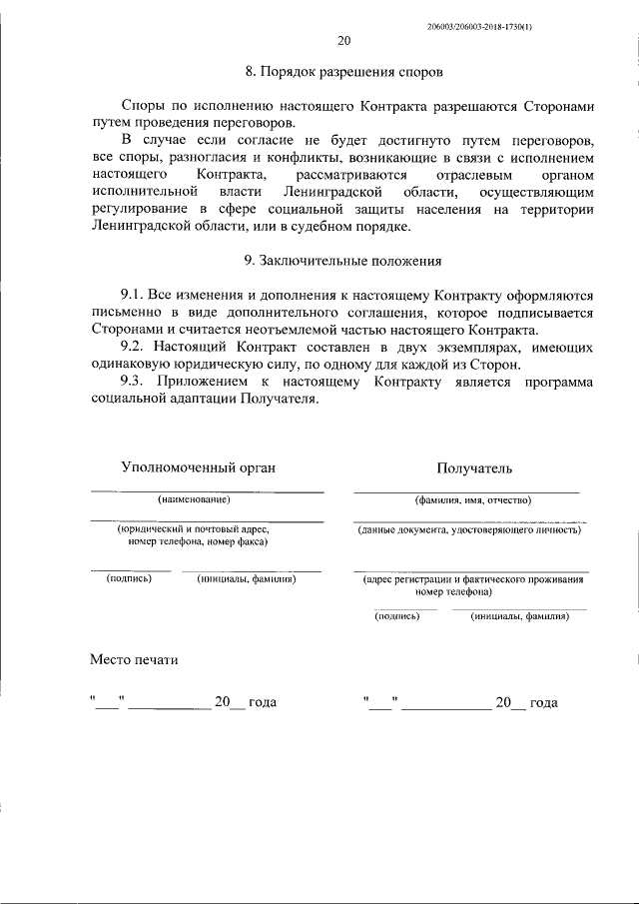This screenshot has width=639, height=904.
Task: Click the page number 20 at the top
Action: [343, 41]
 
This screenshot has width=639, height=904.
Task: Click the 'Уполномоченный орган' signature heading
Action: [198, 466]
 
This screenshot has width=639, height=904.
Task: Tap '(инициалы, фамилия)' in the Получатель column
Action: [519, 616]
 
